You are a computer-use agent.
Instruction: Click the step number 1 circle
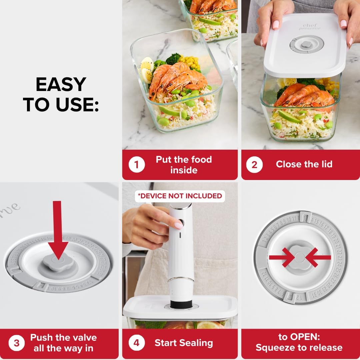pos(137,165)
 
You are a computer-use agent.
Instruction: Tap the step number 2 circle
pos(255,165)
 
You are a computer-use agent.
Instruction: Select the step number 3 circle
pos(17,343)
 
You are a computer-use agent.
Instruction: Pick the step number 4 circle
pos(137,343)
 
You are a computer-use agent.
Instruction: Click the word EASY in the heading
pos(61,85)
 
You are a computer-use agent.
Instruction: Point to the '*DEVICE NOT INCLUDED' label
pos(180,196)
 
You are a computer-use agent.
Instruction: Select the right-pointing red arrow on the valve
pos(282,257)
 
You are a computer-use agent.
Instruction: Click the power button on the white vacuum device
pos(180,223)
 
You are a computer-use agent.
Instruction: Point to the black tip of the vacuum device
pos(181,304)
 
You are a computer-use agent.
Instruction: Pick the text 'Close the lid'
pos(304,164)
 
